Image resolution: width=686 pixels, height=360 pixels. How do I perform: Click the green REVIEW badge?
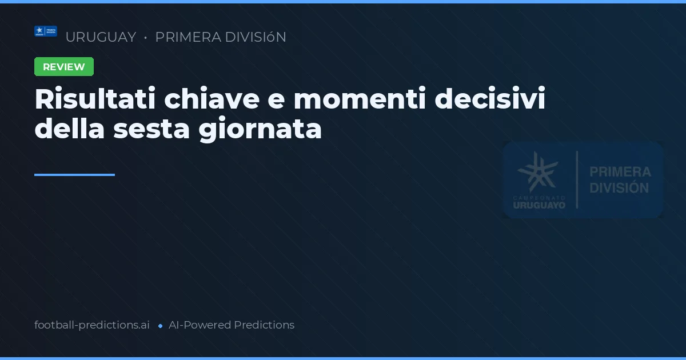tap(64, 67)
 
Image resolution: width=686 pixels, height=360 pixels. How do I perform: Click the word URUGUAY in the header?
tap(101, 37)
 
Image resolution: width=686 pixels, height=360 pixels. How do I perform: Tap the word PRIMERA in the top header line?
tap(188, 37)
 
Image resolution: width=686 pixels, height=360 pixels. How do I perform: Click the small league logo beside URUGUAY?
tap(46, 31)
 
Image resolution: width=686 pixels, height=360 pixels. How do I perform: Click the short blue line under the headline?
tap(74, 175)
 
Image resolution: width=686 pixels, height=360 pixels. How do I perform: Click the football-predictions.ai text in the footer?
tap(92, 325)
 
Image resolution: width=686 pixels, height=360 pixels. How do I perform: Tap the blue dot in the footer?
tap(160, 326)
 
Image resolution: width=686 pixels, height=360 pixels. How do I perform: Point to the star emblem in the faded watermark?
tap(538, 171)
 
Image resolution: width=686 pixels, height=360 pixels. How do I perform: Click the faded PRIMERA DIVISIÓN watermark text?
tap(620, 179)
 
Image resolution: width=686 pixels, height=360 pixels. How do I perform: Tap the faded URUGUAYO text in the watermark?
tap(539, 205)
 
